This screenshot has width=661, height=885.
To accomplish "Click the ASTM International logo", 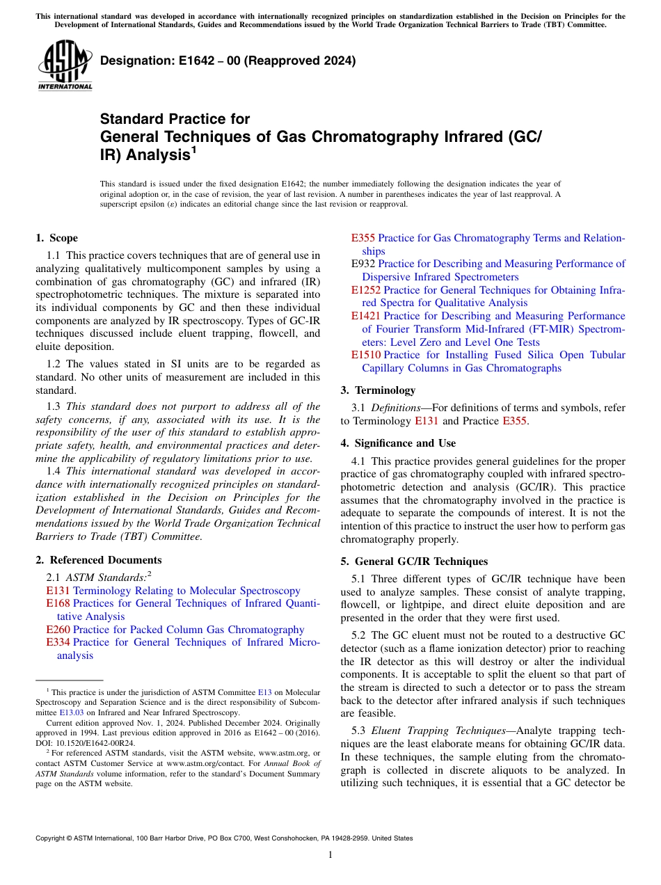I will coord(64,65).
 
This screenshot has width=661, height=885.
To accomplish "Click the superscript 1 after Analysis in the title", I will coord(193,150).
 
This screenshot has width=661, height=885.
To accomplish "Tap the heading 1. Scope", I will coord(56,238).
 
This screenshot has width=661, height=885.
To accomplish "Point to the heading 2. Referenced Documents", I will coord(98,560).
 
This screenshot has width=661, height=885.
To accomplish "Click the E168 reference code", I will coord(58,603).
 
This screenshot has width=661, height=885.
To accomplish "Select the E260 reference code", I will coord(58,630).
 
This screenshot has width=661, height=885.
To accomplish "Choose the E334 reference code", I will coord(58,642).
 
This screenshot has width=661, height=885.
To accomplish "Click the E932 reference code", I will coord(363,264).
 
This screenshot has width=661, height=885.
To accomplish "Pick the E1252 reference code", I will coord(366,290).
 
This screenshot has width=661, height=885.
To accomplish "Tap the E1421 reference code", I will coord(366,316).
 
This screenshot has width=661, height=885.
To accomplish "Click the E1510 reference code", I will coord(366,355).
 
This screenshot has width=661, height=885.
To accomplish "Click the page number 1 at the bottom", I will coord(330,855).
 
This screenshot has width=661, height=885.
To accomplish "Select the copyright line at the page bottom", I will coord(223,838).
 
